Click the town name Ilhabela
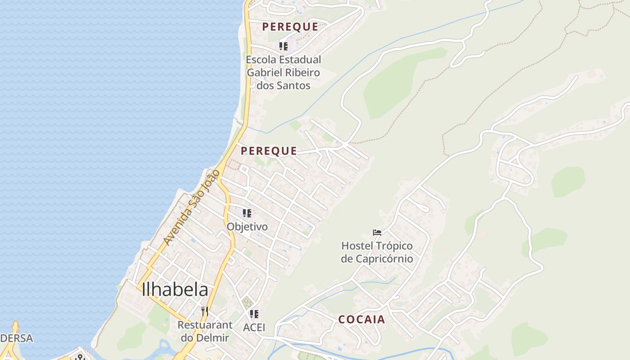[175, 290]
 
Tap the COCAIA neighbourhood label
[362, 319]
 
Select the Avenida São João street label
[192, 207]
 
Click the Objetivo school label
[247, 227]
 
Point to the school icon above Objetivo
[247, 213]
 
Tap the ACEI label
[254, 327]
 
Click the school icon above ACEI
[254, 314]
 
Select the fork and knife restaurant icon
[204, 311]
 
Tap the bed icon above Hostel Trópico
[377, 233]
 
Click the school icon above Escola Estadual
[283, 46]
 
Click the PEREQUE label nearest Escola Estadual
[290, 27]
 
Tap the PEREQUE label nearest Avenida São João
[269, 151]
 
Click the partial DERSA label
[17, 338]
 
